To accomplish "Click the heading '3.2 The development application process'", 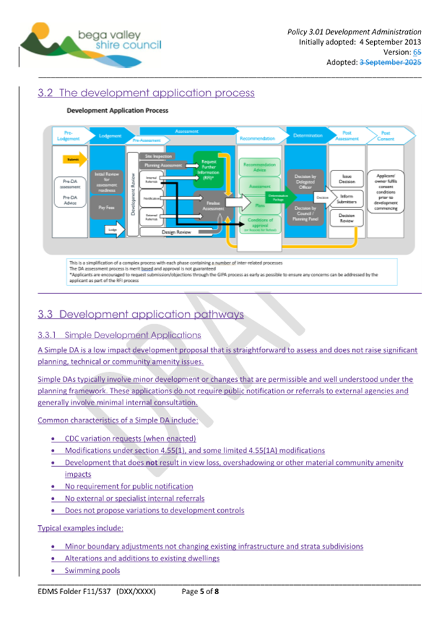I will [x=146, y=93].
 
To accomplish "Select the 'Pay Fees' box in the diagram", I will [x=110, y=207].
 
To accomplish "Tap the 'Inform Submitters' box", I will [x=347, y=198].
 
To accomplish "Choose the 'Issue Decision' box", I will [x=347, y=178].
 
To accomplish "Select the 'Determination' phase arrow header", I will [x=307, y=135].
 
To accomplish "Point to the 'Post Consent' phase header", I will [x=386, y=135].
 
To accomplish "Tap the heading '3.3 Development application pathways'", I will [x=140, y=314].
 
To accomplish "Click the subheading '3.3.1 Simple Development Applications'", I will [x=119, y=335].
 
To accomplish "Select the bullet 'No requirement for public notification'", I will [x=128, y=486].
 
